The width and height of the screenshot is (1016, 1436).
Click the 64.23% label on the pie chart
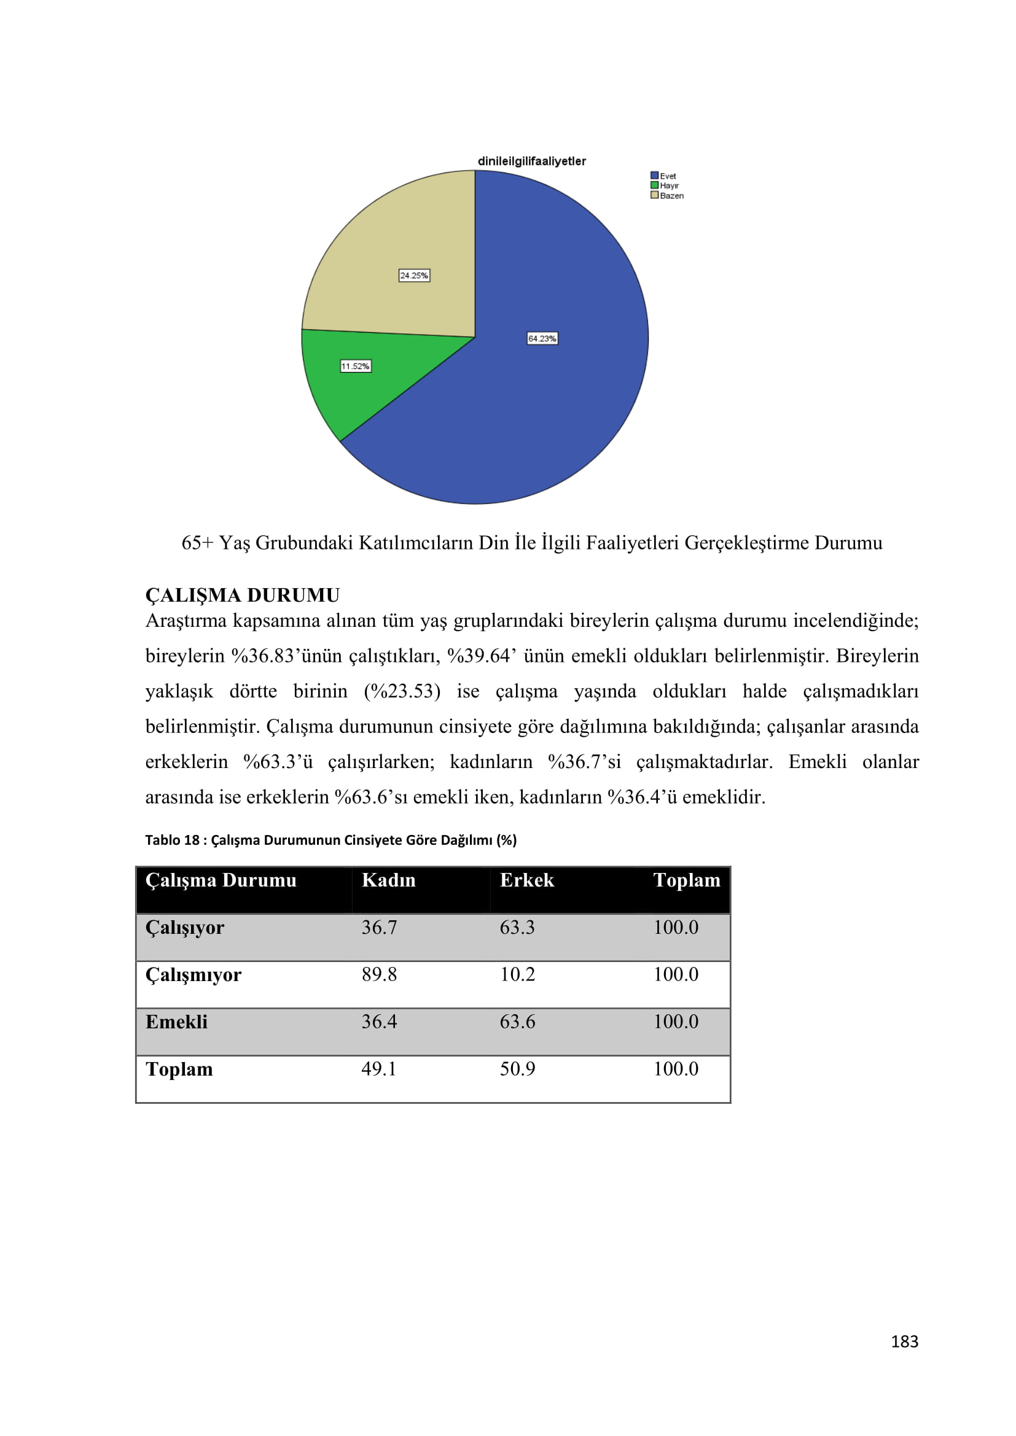(x=542, y=338)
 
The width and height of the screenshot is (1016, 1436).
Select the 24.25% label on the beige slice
(x=414, y=275)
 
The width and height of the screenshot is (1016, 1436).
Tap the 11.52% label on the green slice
(x=355, y=366)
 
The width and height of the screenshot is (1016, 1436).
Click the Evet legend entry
(x=664, y=176)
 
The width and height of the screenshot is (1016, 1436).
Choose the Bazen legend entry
(x=668, y=195)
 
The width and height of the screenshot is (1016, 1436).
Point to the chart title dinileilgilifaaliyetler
(x=532, y=161)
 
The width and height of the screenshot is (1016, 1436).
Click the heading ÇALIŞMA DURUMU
(x=242, y=595)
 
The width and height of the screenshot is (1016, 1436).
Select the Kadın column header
(x=388, y=880)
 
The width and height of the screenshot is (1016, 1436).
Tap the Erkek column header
(x=527, y=880)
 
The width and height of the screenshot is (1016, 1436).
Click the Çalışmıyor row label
(x=193, y=974)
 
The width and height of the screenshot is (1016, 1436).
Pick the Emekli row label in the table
(x=176, y=1022)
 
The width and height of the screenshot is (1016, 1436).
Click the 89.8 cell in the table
(x=379, y=974)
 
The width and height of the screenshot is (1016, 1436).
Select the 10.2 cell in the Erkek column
(x=517, y=974)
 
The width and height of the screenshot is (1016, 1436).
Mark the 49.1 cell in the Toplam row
(x=379, y=1068)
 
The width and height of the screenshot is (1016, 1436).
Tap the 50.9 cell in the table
(x=517, y=1068)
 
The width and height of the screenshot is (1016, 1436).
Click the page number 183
(x=904, y=1341)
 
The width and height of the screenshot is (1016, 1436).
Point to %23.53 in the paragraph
(x=402, y=691)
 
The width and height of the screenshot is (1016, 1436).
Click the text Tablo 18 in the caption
(x=172, y=840)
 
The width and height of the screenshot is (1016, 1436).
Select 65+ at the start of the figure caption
(x=197, y=542)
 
